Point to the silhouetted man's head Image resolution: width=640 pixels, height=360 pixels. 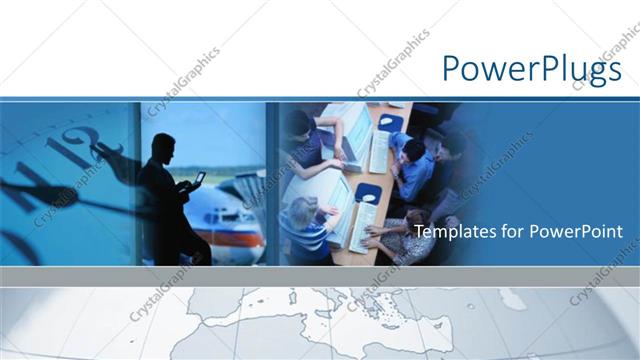point(159,146)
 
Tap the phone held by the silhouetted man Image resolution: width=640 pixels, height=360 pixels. point(200,179)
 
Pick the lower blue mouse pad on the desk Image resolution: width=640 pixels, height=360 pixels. point(369,193)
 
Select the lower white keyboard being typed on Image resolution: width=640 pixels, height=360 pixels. point(362,225)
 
